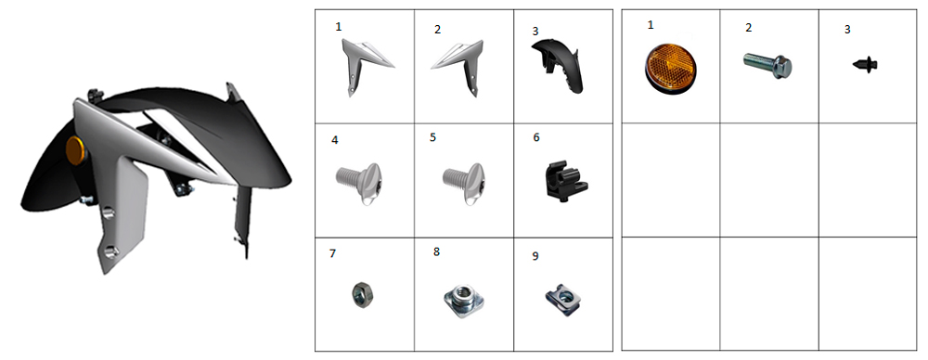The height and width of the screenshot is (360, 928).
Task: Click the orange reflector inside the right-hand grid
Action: (671, 69)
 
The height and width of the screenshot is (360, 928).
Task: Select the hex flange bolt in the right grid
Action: (767, 64)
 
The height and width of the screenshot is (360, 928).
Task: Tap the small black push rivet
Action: (865, 65)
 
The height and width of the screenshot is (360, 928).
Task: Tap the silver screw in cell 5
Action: (465, 184)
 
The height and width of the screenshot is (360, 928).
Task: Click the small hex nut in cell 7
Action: (359, 294)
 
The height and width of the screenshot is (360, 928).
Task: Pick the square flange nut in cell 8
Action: (463, 301)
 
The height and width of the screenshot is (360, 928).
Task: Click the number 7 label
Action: (332, 253)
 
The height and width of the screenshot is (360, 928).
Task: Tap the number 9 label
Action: (535, 256)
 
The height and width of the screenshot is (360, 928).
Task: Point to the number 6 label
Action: (536, 137)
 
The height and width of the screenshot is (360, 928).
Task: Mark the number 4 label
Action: (335, 141)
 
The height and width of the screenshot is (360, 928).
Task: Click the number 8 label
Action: (437, 251)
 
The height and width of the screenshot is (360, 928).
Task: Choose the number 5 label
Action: (433, 137)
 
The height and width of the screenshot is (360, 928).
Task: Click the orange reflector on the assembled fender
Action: (76, 150)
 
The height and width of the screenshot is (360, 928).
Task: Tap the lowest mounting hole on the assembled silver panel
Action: (110, 252)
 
